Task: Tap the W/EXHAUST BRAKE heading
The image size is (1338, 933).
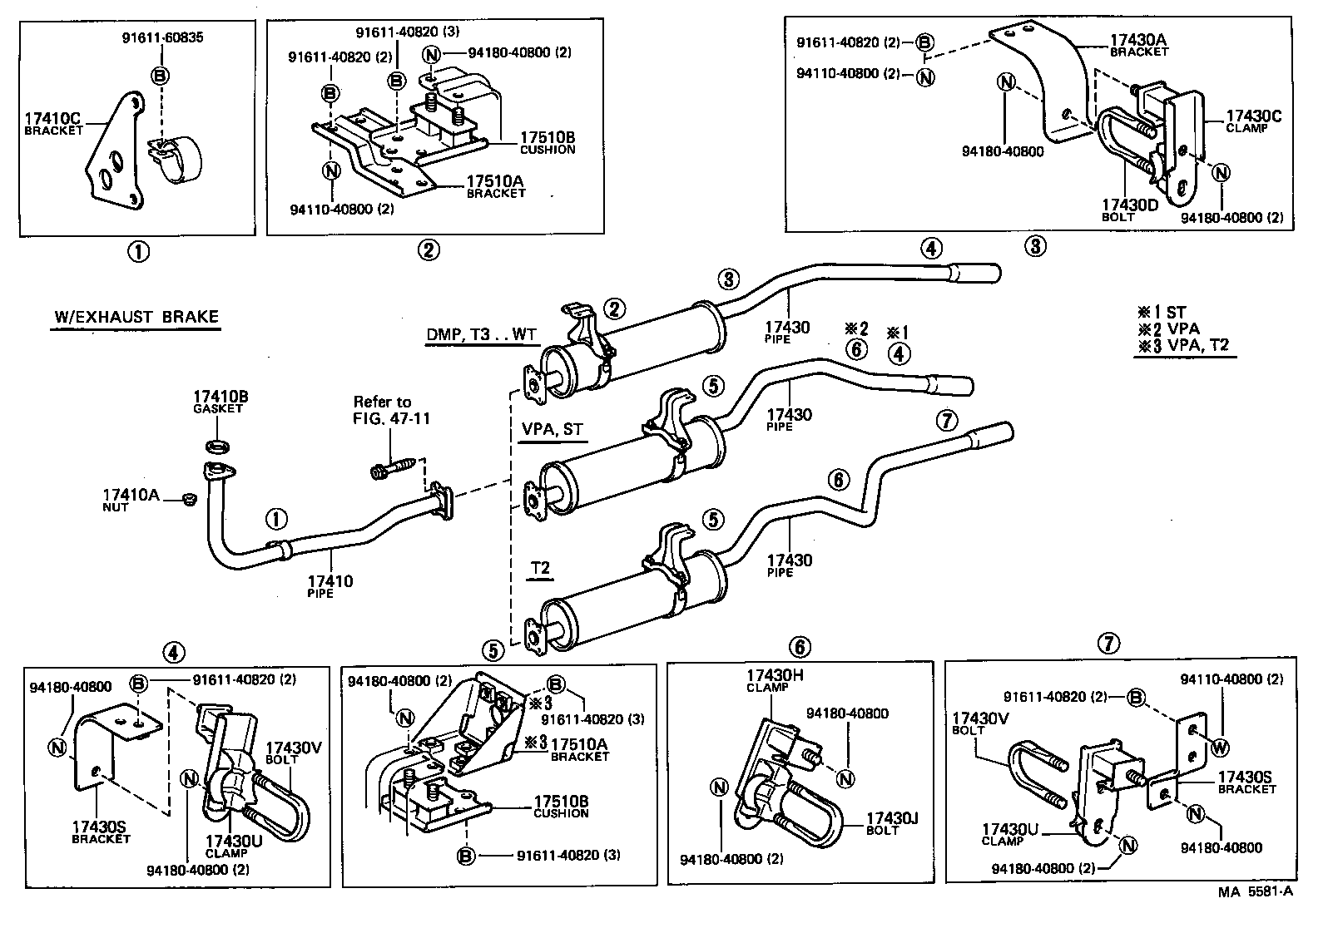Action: tap(136, 317)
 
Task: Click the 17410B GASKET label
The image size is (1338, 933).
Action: tap(221, 402)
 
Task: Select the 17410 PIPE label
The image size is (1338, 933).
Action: tap(330, 586)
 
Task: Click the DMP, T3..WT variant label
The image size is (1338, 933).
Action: tap(482, 334)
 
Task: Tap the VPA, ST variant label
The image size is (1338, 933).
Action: tap(551, 430)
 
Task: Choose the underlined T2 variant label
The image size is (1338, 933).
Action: tap(541, 569)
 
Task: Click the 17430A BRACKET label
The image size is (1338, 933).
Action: tap(1138, 44)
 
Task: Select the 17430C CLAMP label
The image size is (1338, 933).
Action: tap(1253, 121)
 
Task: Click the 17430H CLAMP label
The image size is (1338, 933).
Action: tap(775, 681)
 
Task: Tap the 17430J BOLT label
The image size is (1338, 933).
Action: tap(891, 823)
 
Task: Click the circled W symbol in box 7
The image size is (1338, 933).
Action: tap(1219, 748)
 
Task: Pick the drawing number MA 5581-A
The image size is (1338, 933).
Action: tap(1256, 892)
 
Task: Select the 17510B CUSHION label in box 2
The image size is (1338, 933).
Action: tap(548, 143)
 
